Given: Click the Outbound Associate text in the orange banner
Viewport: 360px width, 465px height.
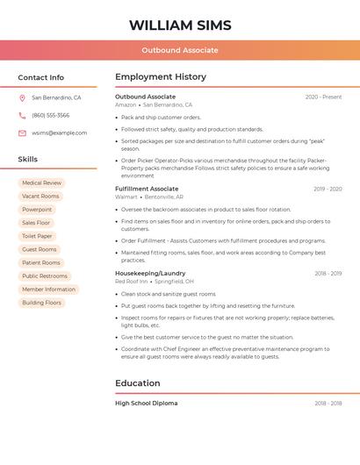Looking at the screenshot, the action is [180, 50].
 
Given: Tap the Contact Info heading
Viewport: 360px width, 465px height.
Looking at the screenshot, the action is [41, 77].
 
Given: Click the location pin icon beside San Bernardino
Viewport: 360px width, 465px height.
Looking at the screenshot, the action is [22, 97].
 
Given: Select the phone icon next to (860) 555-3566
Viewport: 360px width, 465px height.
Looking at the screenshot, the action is [22, 115].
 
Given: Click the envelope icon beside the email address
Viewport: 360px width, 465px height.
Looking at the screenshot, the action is [22, 132].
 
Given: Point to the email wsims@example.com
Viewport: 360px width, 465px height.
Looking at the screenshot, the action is [60, 132].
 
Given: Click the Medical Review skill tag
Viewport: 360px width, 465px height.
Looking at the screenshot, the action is [41, 183].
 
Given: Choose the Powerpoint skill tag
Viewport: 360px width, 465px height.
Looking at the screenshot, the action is [37, 210].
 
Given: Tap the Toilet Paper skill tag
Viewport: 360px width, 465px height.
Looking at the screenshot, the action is [37, 236].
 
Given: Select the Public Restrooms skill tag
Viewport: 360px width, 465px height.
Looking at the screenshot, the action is [45, 276].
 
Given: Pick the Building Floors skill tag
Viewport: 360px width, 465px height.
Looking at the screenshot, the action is [42, 303].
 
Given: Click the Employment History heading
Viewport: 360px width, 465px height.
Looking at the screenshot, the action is [161, 77].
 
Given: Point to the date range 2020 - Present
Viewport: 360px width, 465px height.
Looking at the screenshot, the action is [323, 97].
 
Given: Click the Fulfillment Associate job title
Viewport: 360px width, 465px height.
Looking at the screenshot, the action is [147, 189].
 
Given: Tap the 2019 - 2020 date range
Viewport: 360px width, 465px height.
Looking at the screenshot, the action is [328, 189].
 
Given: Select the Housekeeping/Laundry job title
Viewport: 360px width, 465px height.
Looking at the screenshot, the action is [150, 273].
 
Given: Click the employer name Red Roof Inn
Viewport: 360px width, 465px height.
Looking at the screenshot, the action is [131, 282].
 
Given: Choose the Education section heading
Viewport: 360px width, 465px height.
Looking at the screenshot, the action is [138, 383].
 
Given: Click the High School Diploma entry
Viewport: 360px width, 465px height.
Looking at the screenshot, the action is [146, 403].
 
